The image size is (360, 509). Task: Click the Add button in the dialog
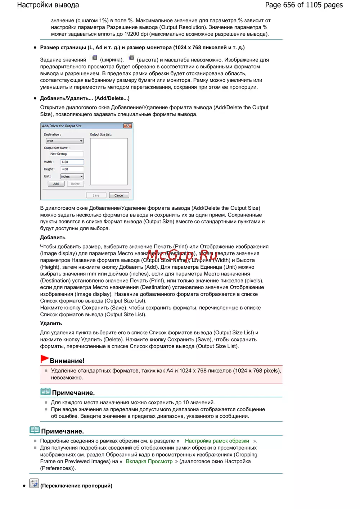pos(56,184)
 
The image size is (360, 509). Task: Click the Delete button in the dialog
pos(75,184)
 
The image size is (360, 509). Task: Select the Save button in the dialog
pos(96,195)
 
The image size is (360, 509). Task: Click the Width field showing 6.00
pos(72,162)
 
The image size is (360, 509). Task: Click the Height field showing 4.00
pos(72,169)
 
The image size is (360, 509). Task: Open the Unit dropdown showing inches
pos(72,176)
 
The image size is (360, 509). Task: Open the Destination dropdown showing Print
pos(65,141)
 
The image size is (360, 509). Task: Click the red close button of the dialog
pos(127,126)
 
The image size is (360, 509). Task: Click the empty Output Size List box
pos(109,162)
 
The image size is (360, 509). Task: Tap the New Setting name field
pos(66,154)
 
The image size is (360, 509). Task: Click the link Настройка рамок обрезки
pos(217,441)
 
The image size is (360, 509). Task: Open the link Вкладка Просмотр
pos(149,462)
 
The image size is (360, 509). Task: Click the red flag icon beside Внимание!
pos(45,359)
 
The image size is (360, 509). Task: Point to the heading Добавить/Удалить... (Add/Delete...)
pos(85,98)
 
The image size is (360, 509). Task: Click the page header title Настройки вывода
pos(48,5)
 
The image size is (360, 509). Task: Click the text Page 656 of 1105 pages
pos(303,5)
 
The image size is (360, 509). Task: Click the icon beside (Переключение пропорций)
pos(34,483)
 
